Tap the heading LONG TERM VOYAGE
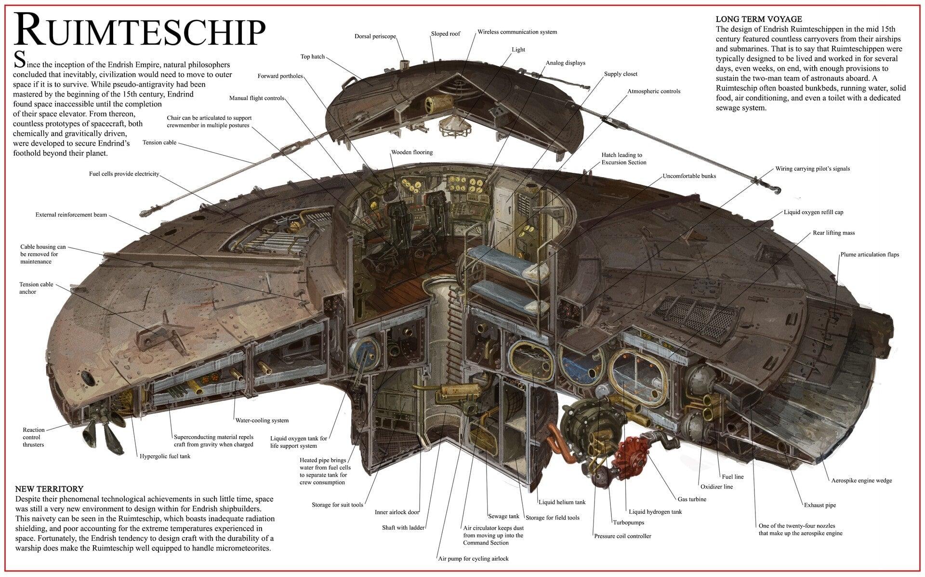pos(759,19)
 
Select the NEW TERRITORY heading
pos(49,489)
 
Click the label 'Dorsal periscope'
pos(375,37)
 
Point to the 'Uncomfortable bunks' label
pos(689,176)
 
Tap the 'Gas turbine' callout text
pos(692,499)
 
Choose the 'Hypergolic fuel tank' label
pos(165,456)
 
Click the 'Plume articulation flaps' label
pos(870,255)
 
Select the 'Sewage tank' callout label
pos(503,516)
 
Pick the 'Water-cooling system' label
pos(262,420)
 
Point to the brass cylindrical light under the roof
pos(438,102)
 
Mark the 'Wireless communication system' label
pos(517,32)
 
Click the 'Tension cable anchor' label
pos(36,288)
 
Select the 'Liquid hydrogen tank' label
pos(655,512)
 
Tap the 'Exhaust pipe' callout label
pos(819,506)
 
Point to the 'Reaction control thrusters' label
pos(33,437)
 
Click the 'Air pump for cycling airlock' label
pos(473,559)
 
